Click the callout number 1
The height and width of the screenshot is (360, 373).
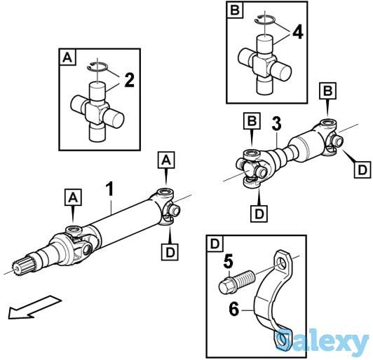[109, 189]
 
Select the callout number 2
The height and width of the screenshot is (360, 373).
[130, 80]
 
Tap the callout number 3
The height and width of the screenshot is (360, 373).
[277, 123]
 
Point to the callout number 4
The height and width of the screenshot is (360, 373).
[298, 32]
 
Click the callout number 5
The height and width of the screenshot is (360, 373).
[229, 262]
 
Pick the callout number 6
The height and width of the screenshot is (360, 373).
[234, 309]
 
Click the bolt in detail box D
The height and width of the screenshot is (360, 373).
[236, 281]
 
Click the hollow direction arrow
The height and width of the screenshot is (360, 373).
[34, 307]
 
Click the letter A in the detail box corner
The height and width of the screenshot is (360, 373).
[67, 57]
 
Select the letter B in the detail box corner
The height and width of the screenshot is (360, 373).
[235, 11]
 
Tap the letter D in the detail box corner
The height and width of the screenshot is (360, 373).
[215, 244]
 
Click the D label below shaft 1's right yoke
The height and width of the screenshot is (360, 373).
[170, 252]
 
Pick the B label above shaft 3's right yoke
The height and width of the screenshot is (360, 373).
[328, 91]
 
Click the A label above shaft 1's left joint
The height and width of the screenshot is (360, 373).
[73, 198]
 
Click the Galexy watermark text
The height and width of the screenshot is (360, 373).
[323, 340]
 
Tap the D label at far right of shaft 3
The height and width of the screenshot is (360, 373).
[362, 169]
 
